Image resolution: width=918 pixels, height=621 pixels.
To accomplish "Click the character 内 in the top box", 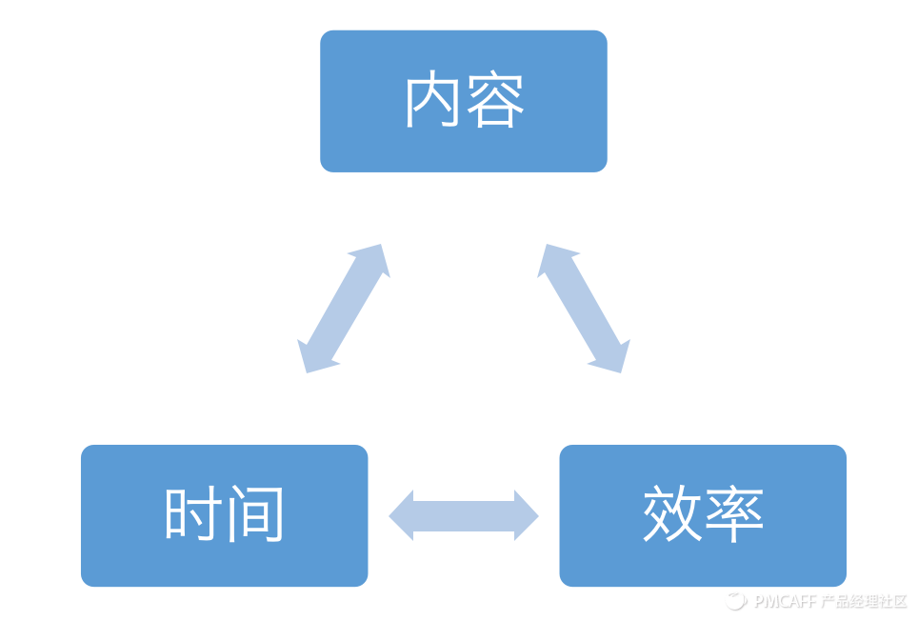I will [x=433, y=101].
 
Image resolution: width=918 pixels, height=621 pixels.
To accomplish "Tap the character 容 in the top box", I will [x=494, y=101].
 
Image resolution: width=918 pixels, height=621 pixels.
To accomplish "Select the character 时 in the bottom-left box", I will [x=194, y=515].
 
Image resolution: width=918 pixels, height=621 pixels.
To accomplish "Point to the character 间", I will [x=255, y=515].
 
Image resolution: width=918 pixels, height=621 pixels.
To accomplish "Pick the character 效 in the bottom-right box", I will [x=672, y=515].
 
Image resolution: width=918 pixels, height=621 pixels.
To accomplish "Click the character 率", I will [x=733, y=515].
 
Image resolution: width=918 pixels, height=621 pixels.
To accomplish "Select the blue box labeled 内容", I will [x=463, y=152].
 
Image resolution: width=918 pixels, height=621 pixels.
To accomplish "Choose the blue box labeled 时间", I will [x=224, y=562].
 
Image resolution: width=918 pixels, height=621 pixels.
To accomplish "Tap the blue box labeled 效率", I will [x=702, y=562].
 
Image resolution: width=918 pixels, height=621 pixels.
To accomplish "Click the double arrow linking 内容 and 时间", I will [x=344, y=308].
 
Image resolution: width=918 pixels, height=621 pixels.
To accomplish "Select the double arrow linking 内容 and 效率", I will [x=584, y=308].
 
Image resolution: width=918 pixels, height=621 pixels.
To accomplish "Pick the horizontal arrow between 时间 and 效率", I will [x=464, y=515].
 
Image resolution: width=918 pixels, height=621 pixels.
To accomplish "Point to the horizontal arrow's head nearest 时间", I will [x=403, y=515].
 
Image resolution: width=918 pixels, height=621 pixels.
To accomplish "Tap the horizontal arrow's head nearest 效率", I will [x=525, y=515].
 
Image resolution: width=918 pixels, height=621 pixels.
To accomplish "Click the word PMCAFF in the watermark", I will [x=785, y=602].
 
